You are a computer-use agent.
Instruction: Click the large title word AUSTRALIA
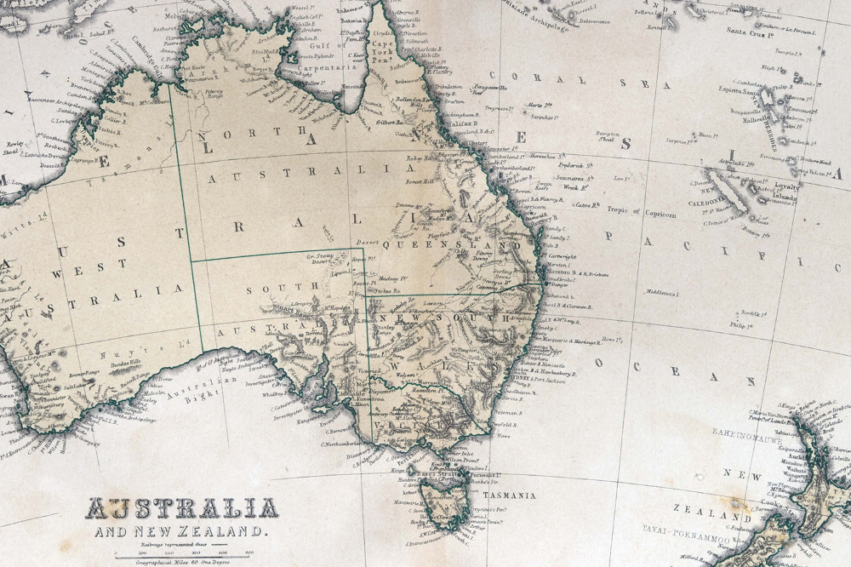181,509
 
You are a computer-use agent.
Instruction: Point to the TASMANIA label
508,495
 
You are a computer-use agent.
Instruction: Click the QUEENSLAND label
450,244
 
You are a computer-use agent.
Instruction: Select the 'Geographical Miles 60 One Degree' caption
181,562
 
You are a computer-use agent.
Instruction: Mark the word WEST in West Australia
106,265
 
